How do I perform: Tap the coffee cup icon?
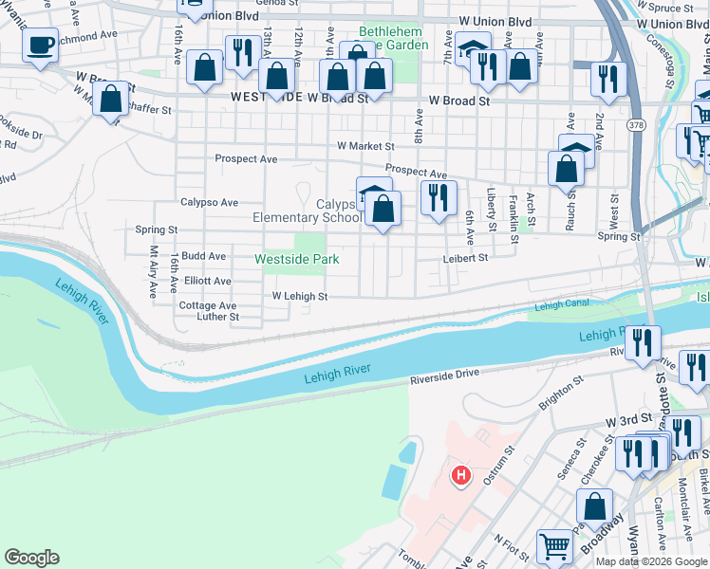pos(40,46)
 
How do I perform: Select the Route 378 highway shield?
pos(634,125)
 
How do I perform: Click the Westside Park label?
pos(297,259)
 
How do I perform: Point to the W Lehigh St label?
pos(299,297)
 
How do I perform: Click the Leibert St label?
pos(464,258)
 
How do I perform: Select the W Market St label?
pos(365,146)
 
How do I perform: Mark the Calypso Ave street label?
pos(210,202)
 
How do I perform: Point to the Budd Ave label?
pos(204,256)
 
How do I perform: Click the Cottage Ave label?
pos(208,305)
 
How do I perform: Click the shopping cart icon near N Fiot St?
pos(554,546)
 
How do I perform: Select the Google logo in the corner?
pos(31,558)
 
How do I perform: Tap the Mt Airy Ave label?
pos(153,272)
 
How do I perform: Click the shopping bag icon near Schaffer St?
pos(111,99)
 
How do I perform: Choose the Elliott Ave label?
pos(208,281)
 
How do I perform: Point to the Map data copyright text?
pos(651,561)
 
